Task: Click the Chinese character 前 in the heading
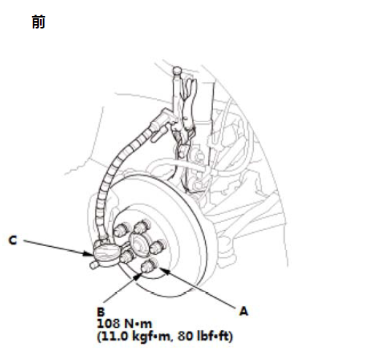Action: pyautogui.click(x=39, y=22)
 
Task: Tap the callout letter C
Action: pyautogui.click(x=12, y=240)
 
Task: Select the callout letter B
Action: pyautogui.click(x=101, y=312)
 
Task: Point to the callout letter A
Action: pyautogui.click(x=244, y=311)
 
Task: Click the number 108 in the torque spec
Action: pyautogui.click(x=109, y=323)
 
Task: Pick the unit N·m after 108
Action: pyautogui.click(x=138, y=323)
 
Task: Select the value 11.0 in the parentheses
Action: pyautogui.click(x=115, y=336)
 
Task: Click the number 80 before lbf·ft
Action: pyautogui.click(x=184, y=336)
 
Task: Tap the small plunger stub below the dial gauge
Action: pyautogui.click(x=93, y=265)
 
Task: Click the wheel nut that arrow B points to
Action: pyautogui.click(x=148, y=266)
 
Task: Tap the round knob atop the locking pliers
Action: pyautogui.click(x=177, y=71)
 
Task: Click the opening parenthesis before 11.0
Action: pyautogui.click(x=99, y=337)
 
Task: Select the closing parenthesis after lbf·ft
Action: pyautogui.click(x=231, y=337)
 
